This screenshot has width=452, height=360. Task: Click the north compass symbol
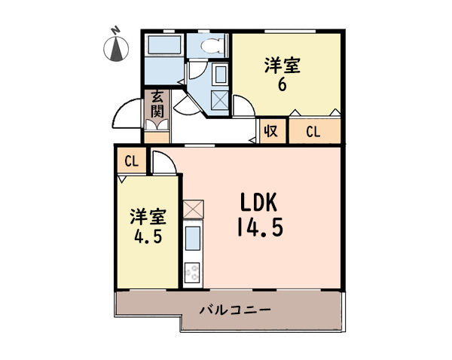(x=116, y=47)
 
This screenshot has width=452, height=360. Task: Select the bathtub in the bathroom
(x=164, y=44)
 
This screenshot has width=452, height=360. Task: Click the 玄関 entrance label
(x=157, y=104)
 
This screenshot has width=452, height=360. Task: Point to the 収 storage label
(x=271, y=132)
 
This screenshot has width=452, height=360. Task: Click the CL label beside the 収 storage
(x=313, y=132)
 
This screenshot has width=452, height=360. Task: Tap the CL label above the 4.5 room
(x=131, y=161)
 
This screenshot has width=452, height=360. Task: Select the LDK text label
(x=258, y=202)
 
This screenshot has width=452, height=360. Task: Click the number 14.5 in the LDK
(x=260, y=227)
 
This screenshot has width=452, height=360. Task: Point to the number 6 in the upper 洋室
(x=282, y=84)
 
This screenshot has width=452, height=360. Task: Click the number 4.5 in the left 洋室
(x=148, y=236)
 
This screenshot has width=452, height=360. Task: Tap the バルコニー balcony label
(x=235, y=310)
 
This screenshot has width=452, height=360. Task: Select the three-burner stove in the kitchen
(x=192, y=273)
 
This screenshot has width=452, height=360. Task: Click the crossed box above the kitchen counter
(x=193, y=209)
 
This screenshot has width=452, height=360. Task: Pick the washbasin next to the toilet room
(x=221, y=74)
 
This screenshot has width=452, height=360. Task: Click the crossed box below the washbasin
(x=220, y=99)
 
